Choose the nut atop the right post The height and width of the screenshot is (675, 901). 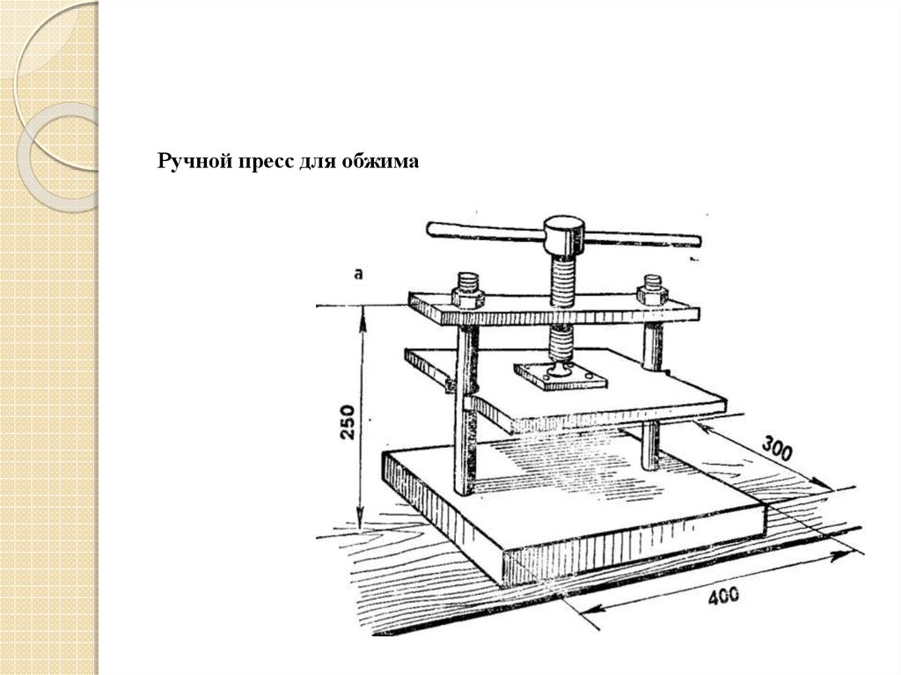tap(651, 290)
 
